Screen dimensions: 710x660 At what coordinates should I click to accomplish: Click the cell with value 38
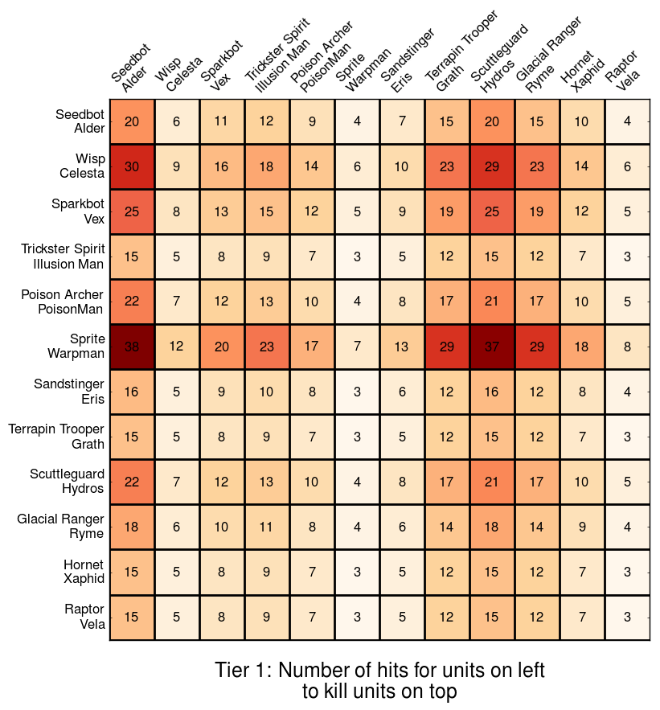click(132, 347)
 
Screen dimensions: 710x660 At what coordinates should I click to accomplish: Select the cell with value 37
click(492, 347)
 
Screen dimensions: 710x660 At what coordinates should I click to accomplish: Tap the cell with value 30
click(132, 166)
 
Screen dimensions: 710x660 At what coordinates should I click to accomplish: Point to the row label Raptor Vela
click(84, 617)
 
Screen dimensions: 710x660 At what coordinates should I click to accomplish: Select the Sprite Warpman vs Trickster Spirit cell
click(267, 347)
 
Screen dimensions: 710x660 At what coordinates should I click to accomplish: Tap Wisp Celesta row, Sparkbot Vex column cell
click(222, 166)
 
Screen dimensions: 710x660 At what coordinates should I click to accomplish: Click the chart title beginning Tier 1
click(379, 680)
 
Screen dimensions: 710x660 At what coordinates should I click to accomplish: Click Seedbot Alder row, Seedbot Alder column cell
click(132, 121)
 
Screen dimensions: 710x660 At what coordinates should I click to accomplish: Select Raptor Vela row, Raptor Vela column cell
click(627, 617)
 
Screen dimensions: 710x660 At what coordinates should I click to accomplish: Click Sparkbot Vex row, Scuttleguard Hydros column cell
click(492, 211)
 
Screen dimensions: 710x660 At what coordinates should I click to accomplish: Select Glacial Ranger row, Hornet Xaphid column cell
click(582, 527)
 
